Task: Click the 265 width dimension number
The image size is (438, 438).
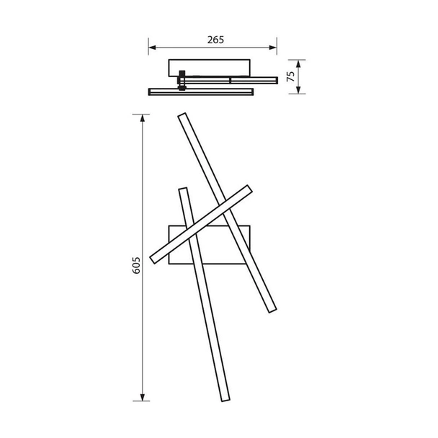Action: point(213,40)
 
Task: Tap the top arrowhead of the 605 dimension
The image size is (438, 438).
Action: point(144,116)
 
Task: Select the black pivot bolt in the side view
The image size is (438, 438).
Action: point(182,79)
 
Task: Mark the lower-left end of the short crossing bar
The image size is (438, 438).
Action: point(154,257)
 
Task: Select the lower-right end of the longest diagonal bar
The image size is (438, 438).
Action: point(272,310)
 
